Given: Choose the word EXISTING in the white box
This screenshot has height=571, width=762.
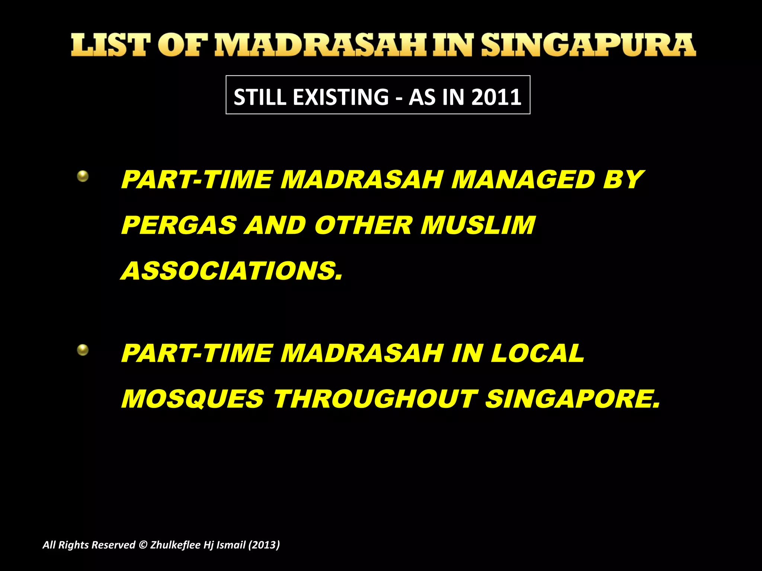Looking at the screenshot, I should coord(341,97).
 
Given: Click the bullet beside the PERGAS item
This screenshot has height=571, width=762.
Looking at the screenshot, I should coord(83,176).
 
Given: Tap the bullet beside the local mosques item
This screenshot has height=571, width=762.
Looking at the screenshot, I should coord(83,350).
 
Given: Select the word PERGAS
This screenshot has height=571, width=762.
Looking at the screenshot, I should coord(179,225).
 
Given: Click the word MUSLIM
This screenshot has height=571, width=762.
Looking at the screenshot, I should coord(478,225).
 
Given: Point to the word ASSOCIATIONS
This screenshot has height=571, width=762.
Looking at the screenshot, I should coord(231,271).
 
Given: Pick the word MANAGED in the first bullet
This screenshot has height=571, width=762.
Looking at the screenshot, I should coord(523,180).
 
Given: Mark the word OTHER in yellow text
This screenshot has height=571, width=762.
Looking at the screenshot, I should coord(363,225).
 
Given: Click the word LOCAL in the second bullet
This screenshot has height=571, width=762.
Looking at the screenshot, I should coord(537,353).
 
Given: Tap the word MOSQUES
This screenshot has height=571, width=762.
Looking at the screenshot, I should coord(193,399).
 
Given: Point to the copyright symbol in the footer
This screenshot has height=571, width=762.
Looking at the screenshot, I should coord(143,545).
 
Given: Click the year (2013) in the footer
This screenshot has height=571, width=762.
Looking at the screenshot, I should coord(264,545).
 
